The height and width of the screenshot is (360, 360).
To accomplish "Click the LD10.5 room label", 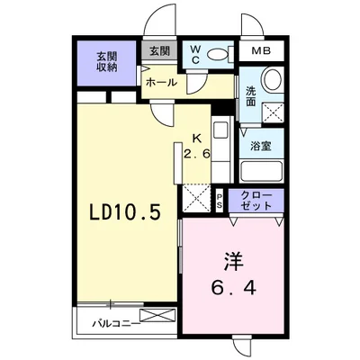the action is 126,212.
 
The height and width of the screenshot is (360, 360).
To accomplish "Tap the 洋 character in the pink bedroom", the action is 232,262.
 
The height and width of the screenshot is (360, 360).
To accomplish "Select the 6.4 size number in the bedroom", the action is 233,288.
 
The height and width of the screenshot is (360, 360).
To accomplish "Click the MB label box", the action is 261,50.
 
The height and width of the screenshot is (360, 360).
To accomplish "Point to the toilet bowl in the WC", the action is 218,55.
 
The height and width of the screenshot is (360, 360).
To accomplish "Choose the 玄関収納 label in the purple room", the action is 107,62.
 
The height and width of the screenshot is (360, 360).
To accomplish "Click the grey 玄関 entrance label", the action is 159,50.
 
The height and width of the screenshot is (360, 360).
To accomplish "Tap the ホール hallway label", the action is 161,82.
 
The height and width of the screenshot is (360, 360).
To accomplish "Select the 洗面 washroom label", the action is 251,96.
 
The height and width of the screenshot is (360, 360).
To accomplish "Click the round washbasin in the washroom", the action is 273,79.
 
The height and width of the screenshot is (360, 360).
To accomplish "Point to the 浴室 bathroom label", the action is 261,146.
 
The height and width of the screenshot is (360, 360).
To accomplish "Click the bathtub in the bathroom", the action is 262,172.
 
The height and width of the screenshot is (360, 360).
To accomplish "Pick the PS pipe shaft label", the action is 220,201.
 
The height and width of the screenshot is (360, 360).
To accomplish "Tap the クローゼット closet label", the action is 256,201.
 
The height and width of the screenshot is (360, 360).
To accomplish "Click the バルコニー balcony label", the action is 116,324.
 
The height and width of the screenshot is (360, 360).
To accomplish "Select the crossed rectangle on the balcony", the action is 157,316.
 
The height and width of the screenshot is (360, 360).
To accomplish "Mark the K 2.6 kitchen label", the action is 196,147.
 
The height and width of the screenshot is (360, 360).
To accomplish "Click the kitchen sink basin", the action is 221,130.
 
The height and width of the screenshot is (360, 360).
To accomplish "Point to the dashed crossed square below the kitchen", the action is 197,198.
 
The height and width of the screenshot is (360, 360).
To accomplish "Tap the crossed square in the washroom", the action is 273,112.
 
